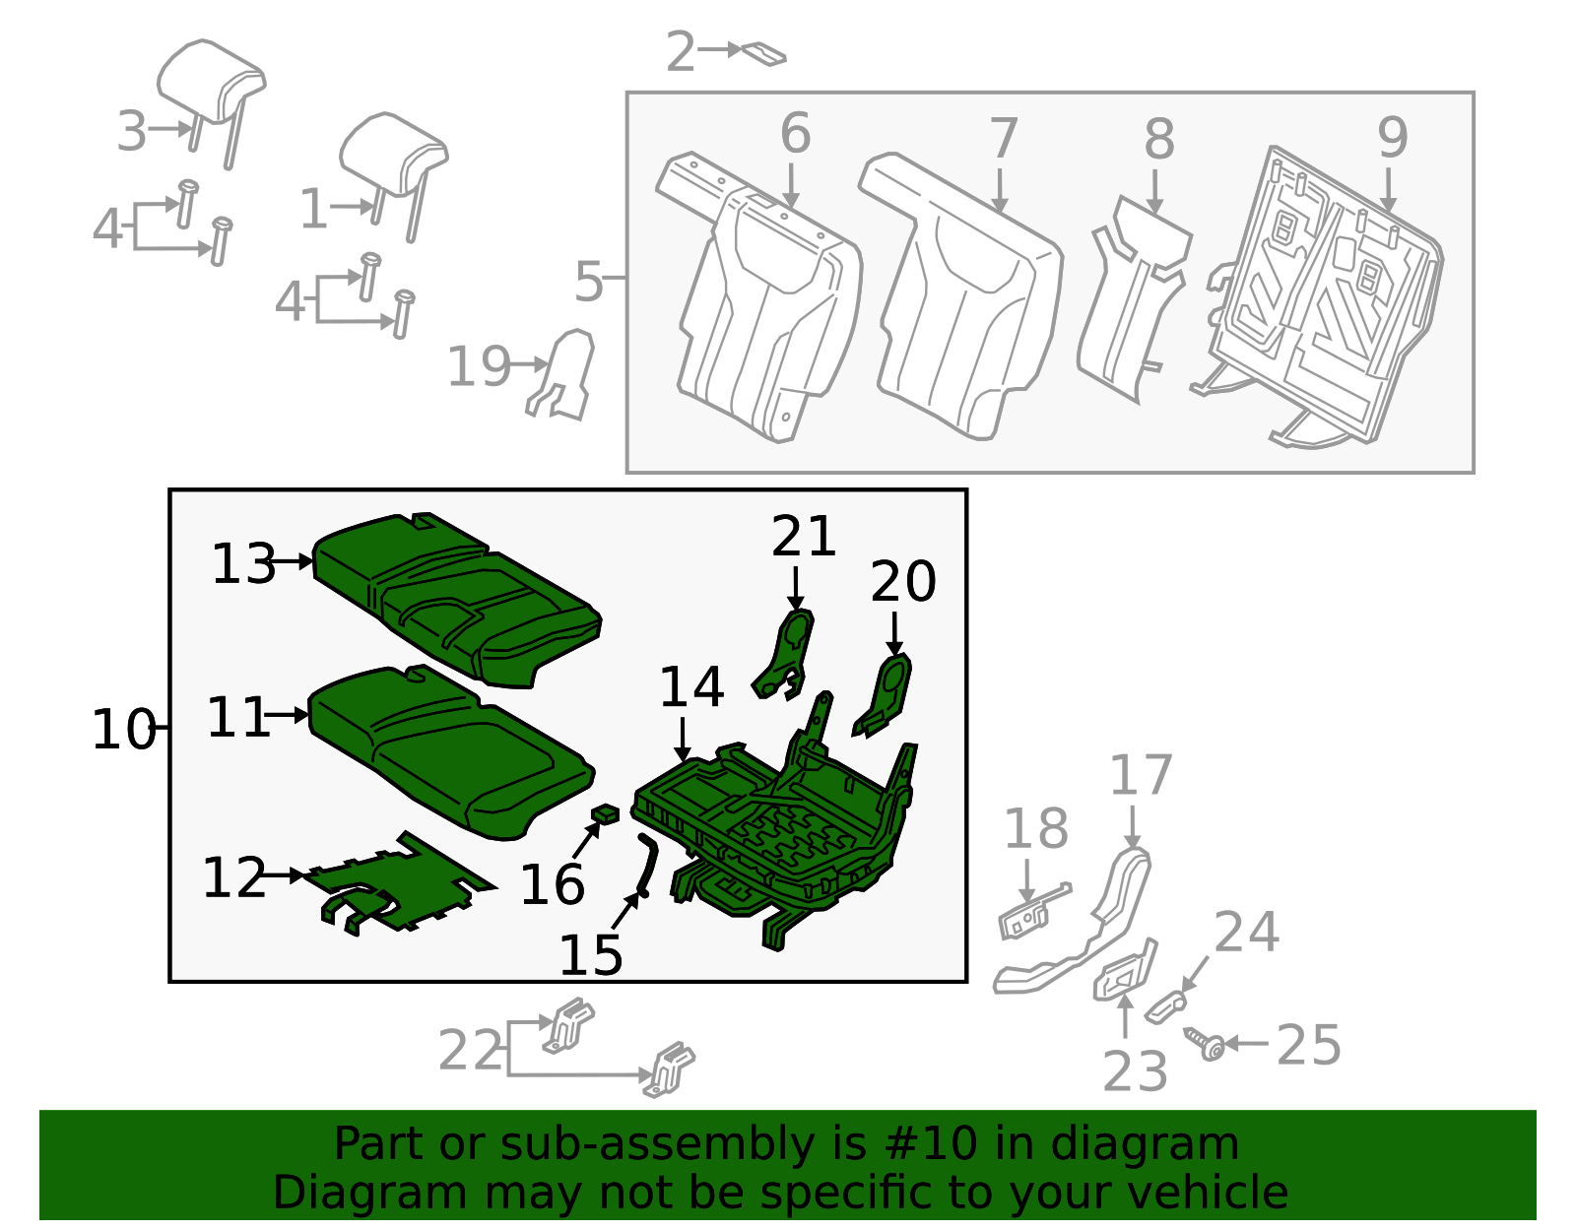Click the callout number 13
(x=243, y=564)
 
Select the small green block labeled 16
(x=605, y=813)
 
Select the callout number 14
(x=690, y=686)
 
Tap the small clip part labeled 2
(x=764, y=53)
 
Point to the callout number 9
(x=1392, y=137)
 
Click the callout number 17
(x=1141, y=776)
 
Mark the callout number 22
(x=470, y=1051)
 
